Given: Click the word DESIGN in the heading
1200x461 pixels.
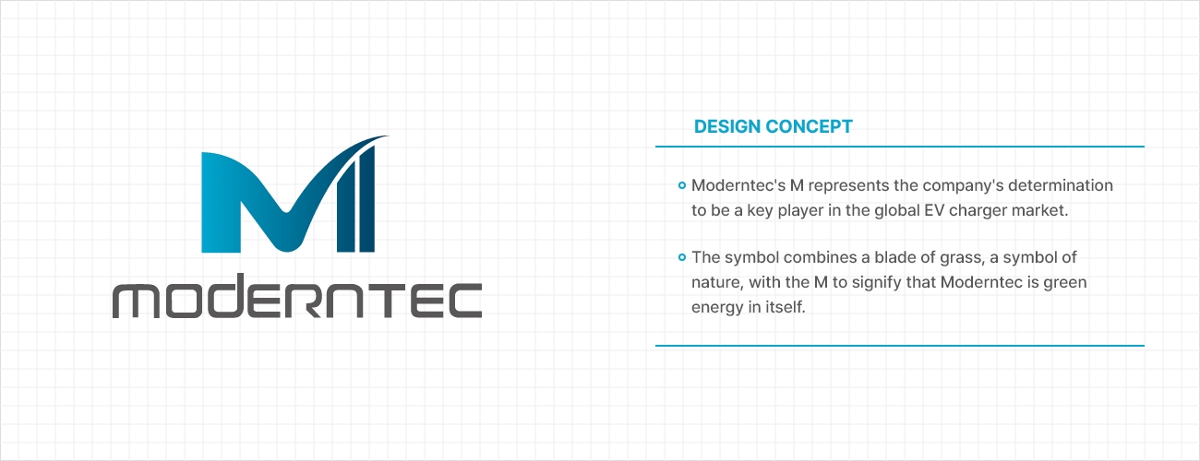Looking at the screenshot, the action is pyautogui.click(x=727, y=126).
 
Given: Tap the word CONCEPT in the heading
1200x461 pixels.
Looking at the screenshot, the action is pyautogui.click(x=809, y=126).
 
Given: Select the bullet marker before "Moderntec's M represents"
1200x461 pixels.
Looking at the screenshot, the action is pyautogui.click(x=682, y=185).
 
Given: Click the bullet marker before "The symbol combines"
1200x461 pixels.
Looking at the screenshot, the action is pyautogui.click(x=682, y=257).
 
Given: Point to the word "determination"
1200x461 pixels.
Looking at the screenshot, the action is pyautogui.click(x=1061, y=185).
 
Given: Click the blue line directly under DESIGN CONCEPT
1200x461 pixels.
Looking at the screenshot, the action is pyautogui.click(x=900, y=146).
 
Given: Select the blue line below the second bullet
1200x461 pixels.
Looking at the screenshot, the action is pyautogui.click(x=900, y=346).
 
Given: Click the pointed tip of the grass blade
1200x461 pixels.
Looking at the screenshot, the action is pyautogui.click(x=389, y=136).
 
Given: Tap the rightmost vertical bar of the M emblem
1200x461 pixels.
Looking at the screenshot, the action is pyautogui.click(x=367, y=200).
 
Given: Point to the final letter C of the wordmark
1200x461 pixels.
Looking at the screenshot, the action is pyautogui.click(x=464, y=301).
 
